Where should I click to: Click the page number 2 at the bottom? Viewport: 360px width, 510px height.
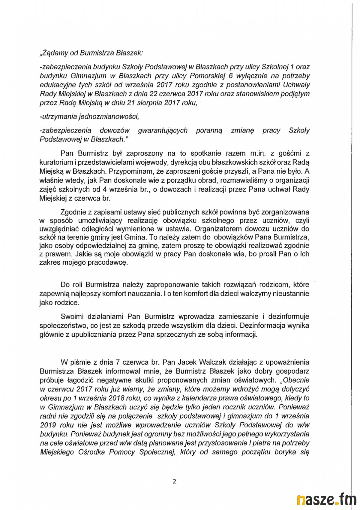(175, 481)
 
